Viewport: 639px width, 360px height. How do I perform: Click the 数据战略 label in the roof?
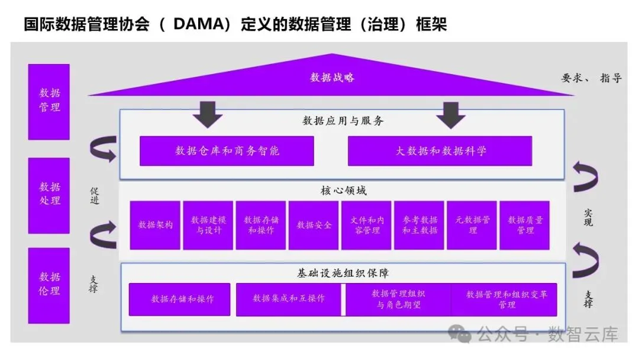click(332, 78)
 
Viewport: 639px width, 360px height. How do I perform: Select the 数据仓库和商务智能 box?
click(227, 151)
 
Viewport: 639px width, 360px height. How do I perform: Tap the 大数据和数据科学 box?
click(440, 151)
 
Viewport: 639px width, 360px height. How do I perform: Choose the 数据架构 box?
click(156, 225)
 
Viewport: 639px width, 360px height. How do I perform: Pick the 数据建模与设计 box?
click(208, 225)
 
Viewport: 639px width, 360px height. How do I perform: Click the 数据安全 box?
click(314, 225)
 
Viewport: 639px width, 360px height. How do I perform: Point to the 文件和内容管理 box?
click(366, 225)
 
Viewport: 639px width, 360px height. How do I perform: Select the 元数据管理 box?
click(472, 225)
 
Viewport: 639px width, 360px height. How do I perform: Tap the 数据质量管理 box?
click(525, 225)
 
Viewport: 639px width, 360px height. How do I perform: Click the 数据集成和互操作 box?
click(288, 299)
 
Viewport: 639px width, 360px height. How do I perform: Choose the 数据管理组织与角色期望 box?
click(398, 299)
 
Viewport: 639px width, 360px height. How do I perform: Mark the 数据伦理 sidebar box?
click(49, 285)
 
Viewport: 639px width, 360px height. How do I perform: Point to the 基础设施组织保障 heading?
click(343, 274)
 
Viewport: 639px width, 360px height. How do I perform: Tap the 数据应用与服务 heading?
click(343, 121)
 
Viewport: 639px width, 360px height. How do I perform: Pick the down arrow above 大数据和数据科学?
click(451, 114)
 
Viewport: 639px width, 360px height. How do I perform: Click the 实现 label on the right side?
click(588, 218)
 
